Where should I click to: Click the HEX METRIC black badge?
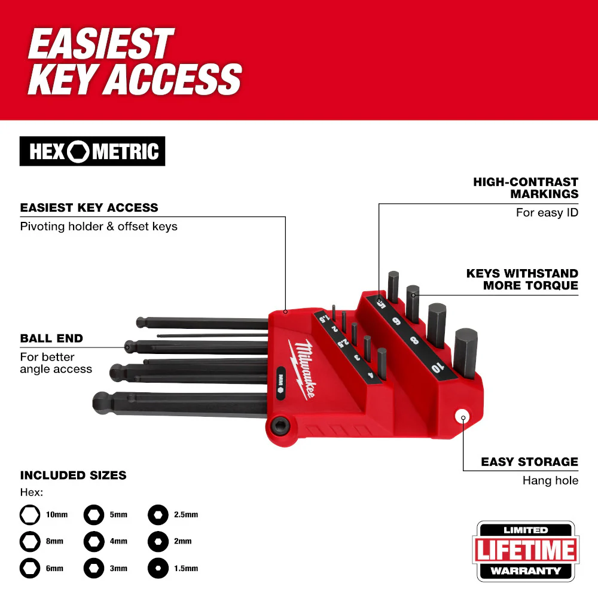click(x=92, y=152)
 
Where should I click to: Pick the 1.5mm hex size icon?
click(x=158, y=568)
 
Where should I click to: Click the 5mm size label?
click(x=118, y=514)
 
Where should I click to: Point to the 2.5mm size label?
click(x=186, y=514)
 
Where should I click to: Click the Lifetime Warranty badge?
click(x=526, y=551)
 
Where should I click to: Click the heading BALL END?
click(x=51, y=338)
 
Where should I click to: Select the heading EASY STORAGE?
click(x=530, y=462)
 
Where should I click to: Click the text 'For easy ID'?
click(x=547, y=212)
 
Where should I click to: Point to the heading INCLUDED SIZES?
click(x=73, y=475)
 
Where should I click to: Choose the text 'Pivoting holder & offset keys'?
click(x=99, y=227)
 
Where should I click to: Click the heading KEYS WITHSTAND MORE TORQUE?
click(x=522, y=279)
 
